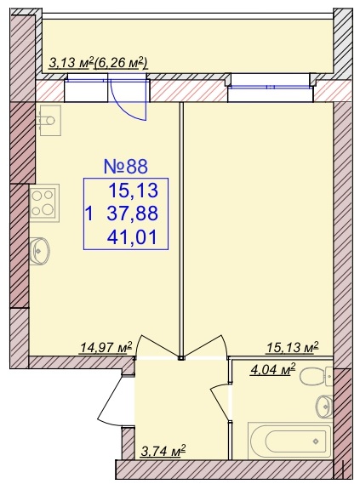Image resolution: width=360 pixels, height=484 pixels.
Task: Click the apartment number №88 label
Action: tap(126, 167)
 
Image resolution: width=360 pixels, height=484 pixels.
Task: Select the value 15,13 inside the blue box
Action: tap(133, 191)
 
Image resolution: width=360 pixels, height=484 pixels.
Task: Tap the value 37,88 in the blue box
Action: tap(133, 214)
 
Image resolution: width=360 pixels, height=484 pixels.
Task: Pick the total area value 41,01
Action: tap(132, 237)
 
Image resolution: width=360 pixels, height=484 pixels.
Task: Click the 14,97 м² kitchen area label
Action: tap(106, 347)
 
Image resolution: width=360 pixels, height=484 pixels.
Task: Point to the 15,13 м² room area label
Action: tap(293, 347)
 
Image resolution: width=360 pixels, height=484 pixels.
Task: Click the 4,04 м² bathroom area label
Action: tap(272, 369)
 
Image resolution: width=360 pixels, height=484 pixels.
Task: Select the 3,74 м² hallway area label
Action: tap(163, 451)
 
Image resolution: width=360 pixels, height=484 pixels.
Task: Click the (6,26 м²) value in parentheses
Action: tap(121, 63)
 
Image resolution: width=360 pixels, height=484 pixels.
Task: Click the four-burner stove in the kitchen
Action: tap(44, 202)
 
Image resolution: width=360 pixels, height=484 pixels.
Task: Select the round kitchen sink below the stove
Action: tap(41, 251)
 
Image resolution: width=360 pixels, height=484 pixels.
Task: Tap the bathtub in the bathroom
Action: tap(289, 441)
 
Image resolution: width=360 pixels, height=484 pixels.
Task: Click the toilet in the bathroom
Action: tap(316, 377)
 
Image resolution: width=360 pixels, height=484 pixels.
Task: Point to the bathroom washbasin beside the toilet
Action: tap(324, 407)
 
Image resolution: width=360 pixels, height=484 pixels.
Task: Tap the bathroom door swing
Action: tap(220, 401)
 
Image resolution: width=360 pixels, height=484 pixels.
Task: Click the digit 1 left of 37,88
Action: tap(89, 214)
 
